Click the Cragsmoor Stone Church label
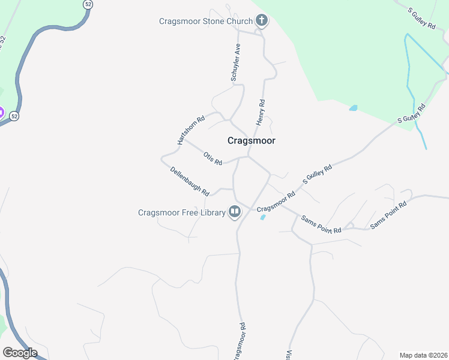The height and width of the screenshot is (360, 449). point(205,21)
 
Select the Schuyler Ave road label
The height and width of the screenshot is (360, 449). point(237,62)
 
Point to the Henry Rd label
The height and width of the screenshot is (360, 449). point(261,112)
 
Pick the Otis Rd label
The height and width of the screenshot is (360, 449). point(212,158)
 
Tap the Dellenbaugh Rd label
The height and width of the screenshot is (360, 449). point(189,181)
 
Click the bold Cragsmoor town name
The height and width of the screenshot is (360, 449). point(252,140)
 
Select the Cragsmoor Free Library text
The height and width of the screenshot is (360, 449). point(181,212)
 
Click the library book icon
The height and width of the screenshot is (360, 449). point(235,212)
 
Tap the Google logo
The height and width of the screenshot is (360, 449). point(20,352)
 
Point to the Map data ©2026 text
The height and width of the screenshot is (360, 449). point(423,355)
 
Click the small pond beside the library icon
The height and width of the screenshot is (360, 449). point(263,217)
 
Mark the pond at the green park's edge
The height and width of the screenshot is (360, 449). point(353,109)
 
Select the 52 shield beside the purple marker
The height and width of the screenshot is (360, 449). point(14,116)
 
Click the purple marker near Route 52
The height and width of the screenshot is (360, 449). point(1,112)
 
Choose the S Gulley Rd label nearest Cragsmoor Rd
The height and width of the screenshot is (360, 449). point(318,175)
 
